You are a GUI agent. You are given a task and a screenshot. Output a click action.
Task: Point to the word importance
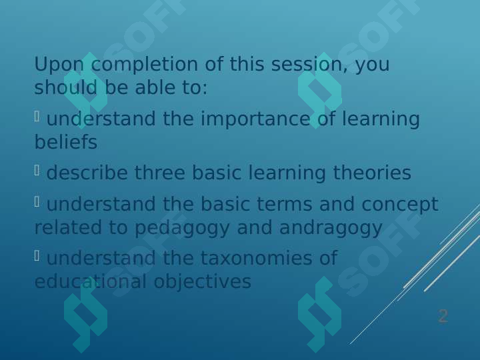(255, 119)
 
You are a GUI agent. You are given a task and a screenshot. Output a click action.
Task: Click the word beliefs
(66, 142)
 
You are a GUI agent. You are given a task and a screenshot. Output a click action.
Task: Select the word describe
(87, 172)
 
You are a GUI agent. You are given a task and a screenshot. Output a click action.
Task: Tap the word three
(160, 172)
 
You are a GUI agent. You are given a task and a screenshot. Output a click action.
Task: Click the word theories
(372, 172)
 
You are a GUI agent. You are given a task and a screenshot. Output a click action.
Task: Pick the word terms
(285, 204)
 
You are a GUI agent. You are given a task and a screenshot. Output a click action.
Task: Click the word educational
(90, 281)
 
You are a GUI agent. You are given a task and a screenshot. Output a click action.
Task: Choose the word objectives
(203, 282)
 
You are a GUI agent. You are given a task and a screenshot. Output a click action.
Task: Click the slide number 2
(443, 316)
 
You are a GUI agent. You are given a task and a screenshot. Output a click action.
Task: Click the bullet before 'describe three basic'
(37, 170)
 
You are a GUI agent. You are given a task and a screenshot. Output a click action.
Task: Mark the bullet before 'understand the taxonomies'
(37, 256)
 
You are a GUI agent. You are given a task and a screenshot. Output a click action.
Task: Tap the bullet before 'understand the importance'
(37, 117)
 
